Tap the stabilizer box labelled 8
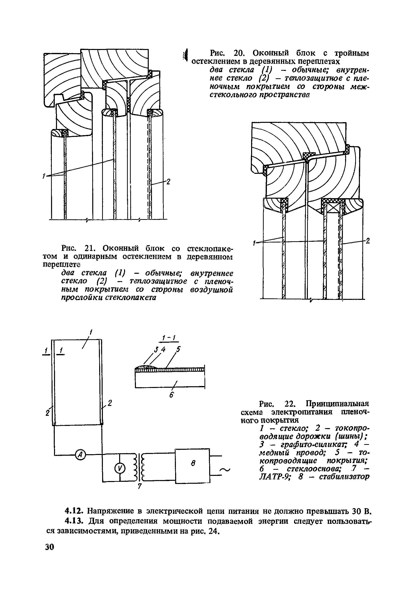[x=192, y=466]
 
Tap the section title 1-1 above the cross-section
[x=169, y=338]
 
